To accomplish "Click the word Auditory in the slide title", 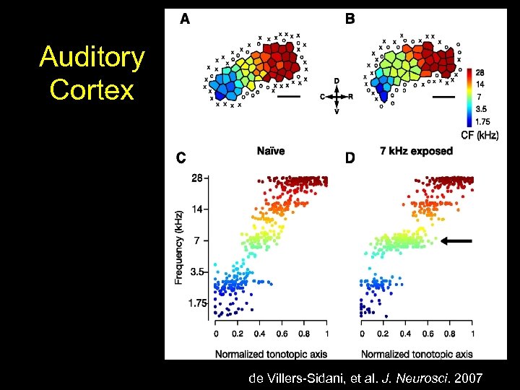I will point(92,58).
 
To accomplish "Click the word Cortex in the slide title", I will point(92,90).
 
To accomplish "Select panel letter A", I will point(185,20).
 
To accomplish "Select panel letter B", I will point(350,20).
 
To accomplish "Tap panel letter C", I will point(181,158).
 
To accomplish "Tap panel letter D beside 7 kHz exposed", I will point(350,158).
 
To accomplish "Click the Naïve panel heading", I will point(270,151).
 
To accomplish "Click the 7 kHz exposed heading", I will point(416,151).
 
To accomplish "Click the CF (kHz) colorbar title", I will point(480,135).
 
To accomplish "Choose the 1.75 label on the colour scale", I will point(483,121).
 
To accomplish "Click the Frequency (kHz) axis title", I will point(178,246).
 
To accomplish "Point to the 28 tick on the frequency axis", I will point(197,178).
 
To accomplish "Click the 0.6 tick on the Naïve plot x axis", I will point(282,334).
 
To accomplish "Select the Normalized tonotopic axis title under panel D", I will point(417,354).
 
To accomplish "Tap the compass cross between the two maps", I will point(337,95).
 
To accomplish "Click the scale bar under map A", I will point(289,96).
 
